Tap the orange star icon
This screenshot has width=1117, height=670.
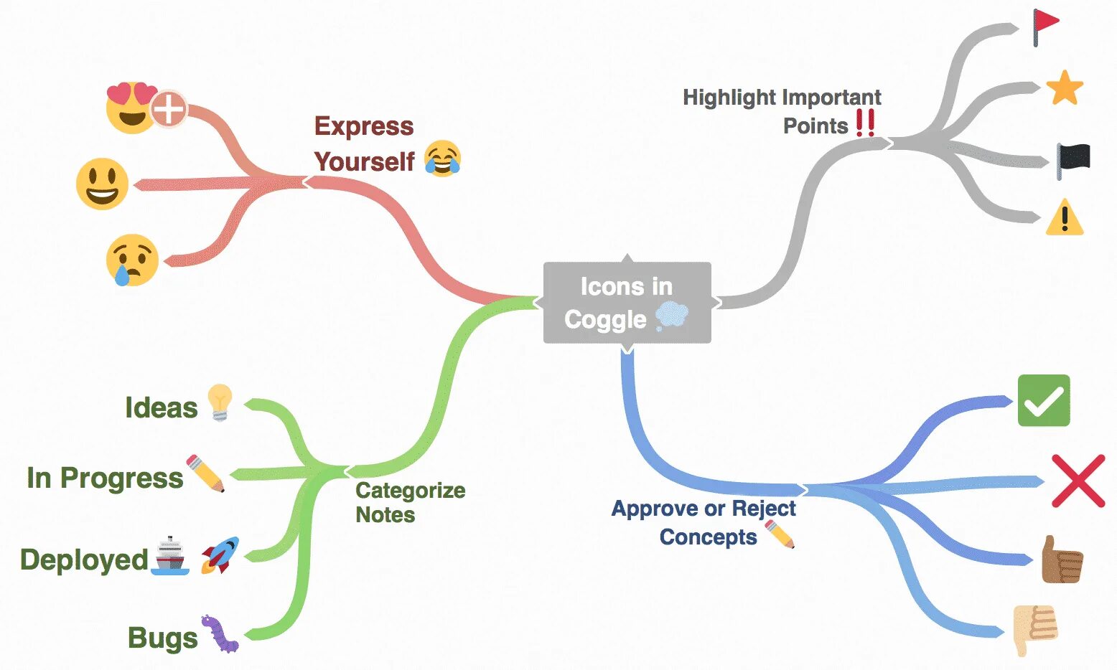[x=1064, y=88]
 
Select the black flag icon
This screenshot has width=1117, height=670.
[x=1073, y=160]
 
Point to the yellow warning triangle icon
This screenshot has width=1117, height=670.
[x=1064, y=217]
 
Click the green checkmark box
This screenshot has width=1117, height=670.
[x=1044, y=400]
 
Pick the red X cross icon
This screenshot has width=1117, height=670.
[x=1078, y=481]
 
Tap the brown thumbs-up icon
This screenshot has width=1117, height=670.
[x=1061, y=560]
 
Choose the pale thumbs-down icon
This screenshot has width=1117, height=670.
[x=1034, y=628]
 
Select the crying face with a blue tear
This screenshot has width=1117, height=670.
[x=132, y=260]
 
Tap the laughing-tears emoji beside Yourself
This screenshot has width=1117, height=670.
[x=442, y=159]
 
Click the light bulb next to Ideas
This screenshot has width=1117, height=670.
[x=220, y=402]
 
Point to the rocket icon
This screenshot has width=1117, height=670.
[x=220, y=555]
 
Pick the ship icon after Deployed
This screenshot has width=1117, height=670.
[x=170, y=555]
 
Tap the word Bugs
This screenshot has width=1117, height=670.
[x=162, y=638]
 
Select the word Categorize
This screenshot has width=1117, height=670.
[x=410, y=491]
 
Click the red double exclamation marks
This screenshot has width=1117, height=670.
[x=865, y=123]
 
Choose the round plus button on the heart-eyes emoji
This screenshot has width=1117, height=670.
[x=169, y=110]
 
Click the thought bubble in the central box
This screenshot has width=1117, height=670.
[x=672, y=316]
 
